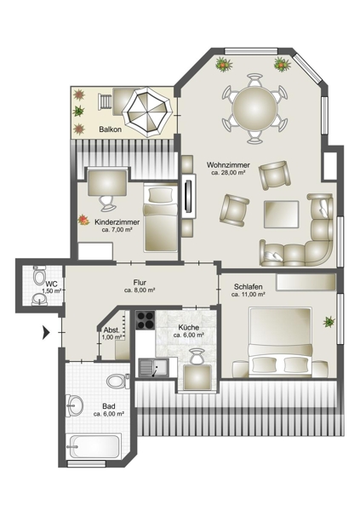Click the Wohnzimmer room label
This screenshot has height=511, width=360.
[x=228, y=165]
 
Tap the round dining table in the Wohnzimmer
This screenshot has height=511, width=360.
[x=254, y=108]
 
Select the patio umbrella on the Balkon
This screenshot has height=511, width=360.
[x=146, y=112]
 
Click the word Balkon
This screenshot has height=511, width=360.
[x=111, y=129]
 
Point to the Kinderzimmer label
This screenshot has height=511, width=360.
[x=117, y=222]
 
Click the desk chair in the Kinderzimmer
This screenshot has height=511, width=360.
[x=106, y=203]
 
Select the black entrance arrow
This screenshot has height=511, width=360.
[x=46, y=333]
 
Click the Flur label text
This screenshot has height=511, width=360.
[x=140, y=283]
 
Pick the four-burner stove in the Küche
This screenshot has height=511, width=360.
[x=145, y=320]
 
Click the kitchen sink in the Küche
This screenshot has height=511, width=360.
[x=153, y=368]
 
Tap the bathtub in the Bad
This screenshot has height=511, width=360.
[x=94, y=445]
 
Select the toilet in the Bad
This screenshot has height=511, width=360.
[x=117, y=381]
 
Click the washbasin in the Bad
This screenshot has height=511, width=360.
[x=74, y=406]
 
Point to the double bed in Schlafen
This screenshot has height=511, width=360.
[x=280, y=342]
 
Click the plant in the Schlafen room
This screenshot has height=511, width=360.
[x=329, y=322]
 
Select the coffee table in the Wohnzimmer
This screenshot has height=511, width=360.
[x=281, y=215]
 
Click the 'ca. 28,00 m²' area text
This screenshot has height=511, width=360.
[x=228, y=173]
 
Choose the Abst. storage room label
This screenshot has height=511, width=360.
[x=111, y=330]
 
